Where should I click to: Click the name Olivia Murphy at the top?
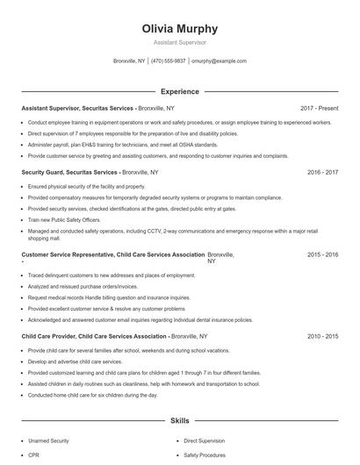[x=180, y=29]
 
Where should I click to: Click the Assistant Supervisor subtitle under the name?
[x=180, y=42]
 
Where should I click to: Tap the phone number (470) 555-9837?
[x=168, y=61]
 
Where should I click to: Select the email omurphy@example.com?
[x=219, y=61]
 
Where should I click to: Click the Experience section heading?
[x=180, y=91]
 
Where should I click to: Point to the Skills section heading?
[x=180, y=421]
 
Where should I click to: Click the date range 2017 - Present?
[x=319, y=108]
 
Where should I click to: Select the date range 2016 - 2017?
[x=322, y=173]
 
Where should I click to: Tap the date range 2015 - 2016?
[x=322, y=254]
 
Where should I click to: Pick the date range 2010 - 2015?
[x=322, y=336]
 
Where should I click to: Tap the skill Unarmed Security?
[x=50, y=440]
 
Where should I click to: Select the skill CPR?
[x=34, y=455]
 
